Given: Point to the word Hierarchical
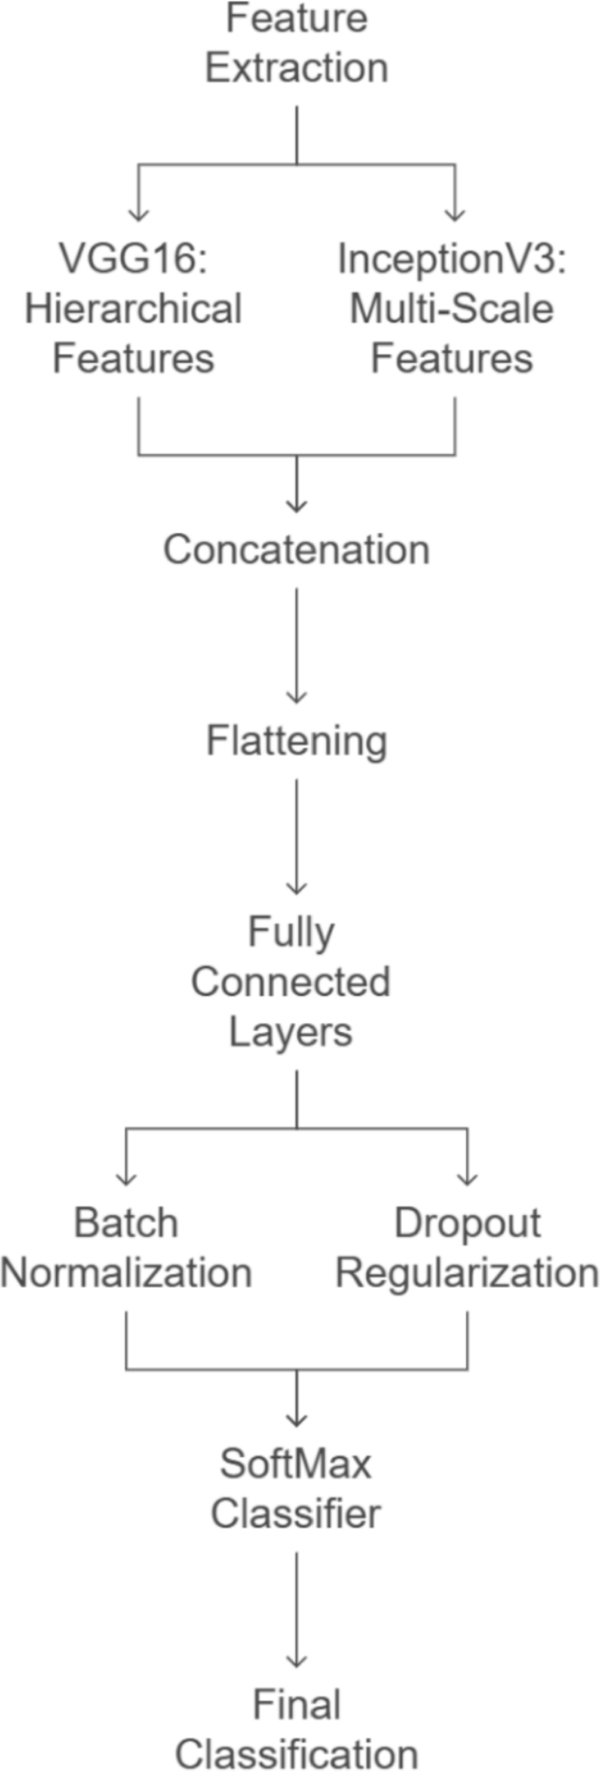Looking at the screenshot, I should click(133, 309).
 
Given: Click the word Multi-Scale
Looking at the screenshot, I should click(452, 309).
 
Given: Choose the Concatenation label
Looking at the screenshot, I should click(297, 550).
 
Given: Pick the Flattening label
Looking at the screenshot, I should click(297, 741).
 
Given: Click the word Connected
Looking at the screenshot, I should click(291, 982).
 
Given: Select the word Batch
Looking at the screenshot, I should click(126, 1223).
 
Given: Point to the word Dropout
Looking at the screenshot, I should click(468, 1223).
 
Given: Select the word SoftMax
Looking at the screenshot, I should click(296, 1463).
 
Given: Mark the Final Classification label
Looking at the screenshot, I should click(297, 1730).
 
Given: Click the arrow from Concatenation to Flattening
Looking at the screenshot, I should click(297, 645).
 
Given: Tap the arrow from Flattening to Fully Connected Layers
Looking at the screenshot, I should click(297, 836).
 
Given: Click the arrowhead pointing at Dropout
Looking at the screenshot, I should click(468, 1178).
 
